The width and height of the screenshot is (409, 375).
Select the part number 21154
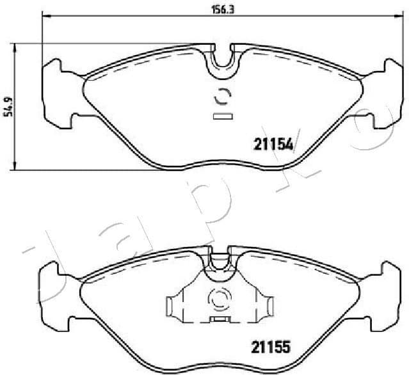270,145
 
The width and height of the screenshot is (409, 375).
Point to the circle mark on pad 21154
221,96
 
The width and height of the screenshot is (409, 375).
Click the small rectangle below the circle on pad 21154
221,116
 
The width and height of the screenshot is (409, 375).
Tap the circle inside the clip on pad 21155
219,299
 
